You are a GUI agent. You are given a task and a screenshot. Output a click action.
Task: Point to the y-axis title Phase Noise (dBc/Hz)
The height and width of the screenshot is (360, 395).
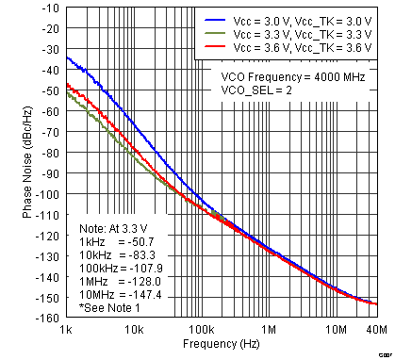click(x=28, y=162)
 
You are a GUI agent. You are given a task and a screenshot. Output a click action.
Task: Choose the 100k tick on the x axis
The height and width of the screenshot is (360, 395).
click(x=201, y=331)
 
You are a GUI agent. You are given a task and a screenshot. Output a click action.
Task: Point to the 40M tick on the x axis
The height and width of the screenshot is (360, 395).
click(x=376, y=331)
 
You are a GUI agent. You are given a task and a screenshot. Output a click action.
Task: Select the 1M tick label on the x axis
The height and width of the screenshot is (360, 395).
click(x=269, y=331)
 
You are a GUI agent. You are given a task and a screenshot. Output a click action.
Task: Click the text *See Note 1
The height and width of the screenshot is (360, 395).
click(x=110, y=307)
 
